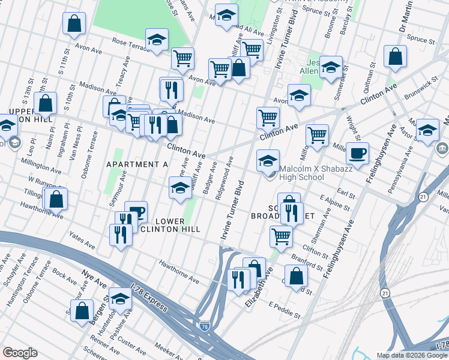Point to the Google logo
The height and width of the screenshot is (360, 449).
20,353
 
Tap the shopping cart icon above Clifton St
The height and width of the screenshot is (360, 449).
281,236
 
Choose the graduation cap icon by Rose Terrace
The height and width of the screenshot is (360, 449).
157,41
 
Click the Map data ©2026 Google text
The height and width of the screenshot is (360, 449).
411,355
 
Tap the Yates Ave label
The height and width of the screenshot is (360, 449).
82,241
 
